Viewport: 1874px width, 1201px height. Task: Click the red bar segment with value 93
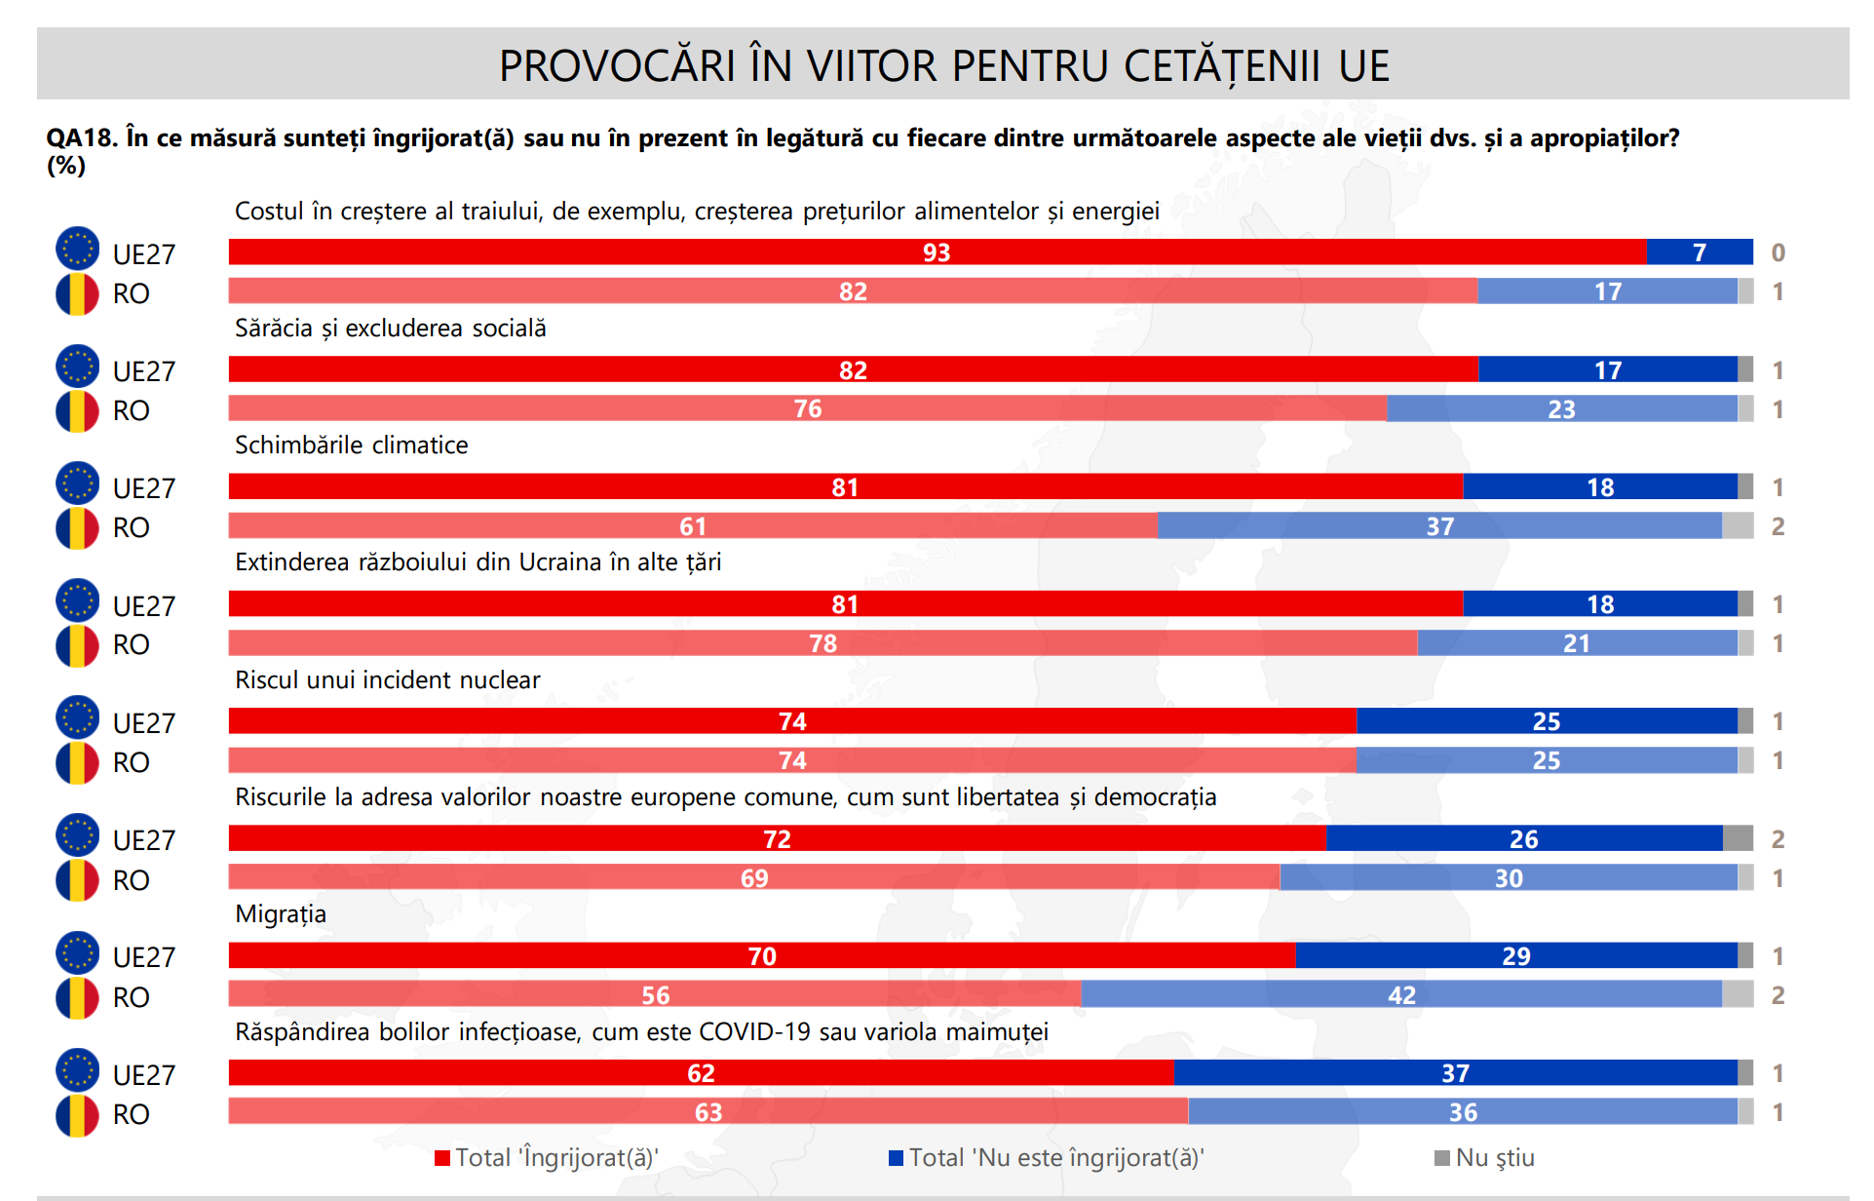[937, 252]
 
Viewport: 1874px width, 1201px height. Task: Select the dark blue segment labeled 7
[1699, 252]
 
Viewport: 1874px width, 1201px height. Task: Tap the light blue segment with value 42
[1400, 994]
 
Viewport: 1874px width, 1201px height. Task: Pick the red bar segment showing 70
[761, 955]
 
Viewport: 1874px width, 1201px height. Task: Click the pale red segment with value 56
[655, 994]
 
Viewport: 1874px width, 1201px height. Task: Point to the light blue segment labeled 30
[1508, 877]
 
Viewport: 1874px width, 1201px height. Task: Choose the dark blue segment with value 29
[1515, 955]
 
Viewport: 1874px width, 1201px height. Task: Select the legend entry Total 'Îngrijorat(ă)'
[547, 1158]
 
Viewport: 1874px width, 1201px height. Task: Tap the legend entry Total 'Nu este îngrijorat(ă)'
[1047, 1158]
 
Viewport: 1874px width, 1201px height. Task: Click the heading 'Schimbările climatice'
[351, 446]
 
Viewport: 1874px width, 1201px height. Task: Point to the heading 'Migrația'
[281, 914]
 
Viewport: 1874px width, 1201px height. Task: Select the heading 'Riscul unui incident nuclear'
[387, 679]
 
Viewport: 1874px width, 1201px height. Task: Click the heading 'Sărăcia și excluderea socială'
[390, 329]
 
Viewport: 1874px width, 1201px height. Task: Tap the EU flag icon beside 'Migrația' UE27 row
[77, 953]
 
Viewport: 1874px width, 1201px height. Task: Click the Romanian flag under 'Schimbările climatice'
[77, 527]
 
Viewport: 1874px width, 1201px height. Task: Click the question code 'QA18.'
[82, 138]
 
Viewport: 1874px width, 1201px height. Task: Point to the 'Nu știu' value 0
[1778, 252]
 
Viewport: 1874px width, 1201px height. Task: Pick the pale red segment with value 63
[708, 1111]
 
